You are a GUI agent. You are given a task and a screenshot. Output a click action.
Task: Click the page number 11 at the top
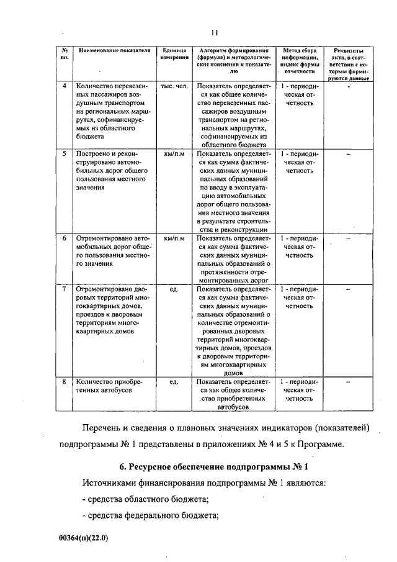[215, 33]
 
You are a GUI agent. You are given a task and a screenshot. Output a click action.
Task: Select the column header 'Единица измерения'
[174, 53]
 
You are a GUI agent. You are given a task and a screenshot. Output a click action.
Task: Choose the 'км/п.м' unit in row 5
[174, 152]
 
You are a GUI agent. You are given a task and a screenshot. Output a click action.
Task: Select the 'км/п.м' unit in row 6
[174, 238]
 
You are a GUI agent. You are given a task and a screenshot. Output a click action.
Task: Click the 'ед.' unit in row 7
[174, 289]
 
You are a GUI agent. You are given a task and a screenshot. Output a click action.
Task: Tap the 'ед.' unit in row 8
[174, 382]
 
